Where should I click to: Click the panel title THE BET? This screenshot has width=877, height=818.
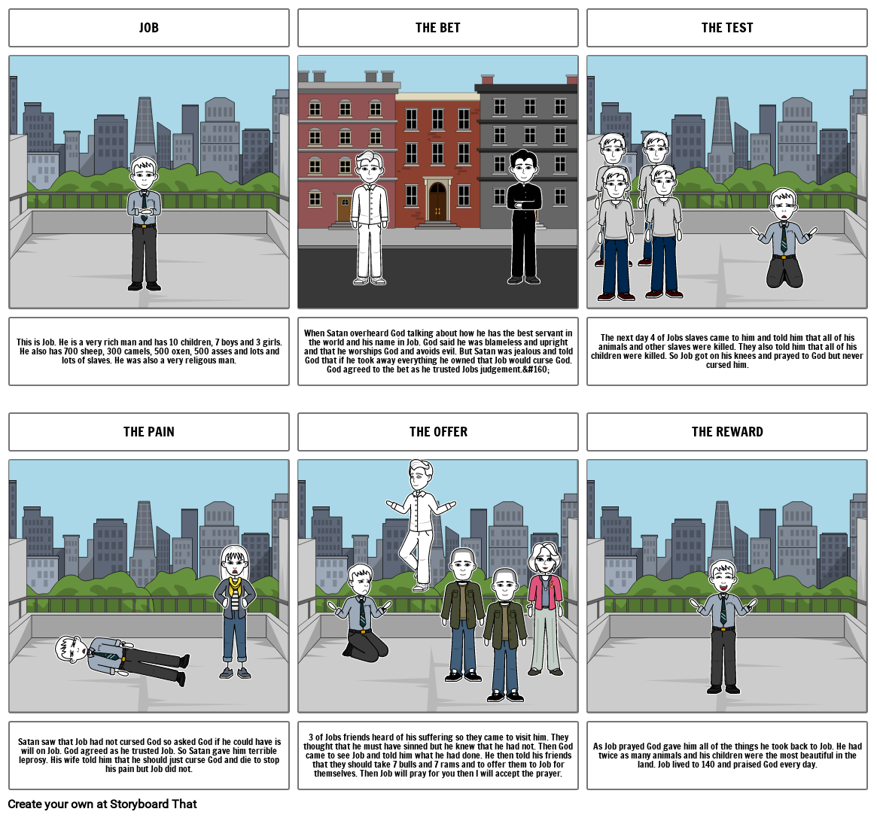[437, 28]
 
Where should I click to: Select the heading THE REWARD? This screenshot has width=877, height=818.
[727, 432]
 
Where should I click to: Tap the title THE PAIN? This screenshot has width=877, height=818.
[149, 432]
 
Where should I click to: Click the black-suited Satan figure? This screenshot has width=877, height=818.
[524, 217]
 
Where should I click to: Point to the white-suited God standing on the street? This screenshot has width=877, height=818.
[369, 218]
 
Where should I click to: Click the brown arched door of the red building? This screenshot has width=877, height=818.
[437, 201]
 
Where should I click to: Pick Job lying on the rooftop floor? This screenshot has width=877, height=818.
[120, 657]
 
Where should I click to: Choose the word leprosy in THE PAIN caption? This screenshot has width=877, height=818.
[32, 760]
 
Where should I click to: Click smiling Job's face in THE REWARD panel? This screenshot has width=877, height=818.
[722, 578]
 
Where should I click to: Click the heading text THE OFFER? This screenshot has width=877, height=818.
[438, 432]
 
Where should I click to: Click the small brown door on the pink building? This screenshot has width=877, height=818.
[344, 208]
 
